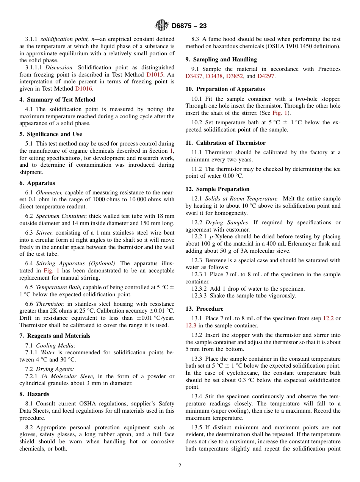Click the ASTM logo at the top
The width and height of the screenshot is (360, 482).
coord(161,26)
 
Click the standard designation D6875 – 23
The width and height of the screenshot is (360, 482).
coord(189,26)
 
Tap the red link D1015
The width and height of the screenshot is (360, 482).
coord(155,75)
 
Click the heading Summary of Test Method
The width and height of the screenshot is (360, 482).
coord(57,100)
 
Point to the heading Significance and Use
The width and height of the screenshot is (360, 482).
coord(51,134)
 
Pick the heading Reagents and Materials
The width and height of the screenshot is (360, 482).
coord(55,336)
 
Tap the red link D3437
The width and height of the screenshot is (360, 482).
coord(194,76)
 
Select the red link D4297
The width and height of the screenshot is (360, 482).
coord(266,76)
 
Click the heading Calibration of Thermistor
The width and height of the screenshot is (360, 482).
coord(225,143)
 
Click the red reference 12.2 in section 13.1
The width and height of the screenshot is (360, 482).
coord(328,318)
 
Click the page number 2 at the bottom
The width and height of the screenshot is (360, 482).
coord(180,466)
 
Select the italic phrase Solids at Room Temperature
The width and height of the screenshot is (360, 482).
coord(235,199)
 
